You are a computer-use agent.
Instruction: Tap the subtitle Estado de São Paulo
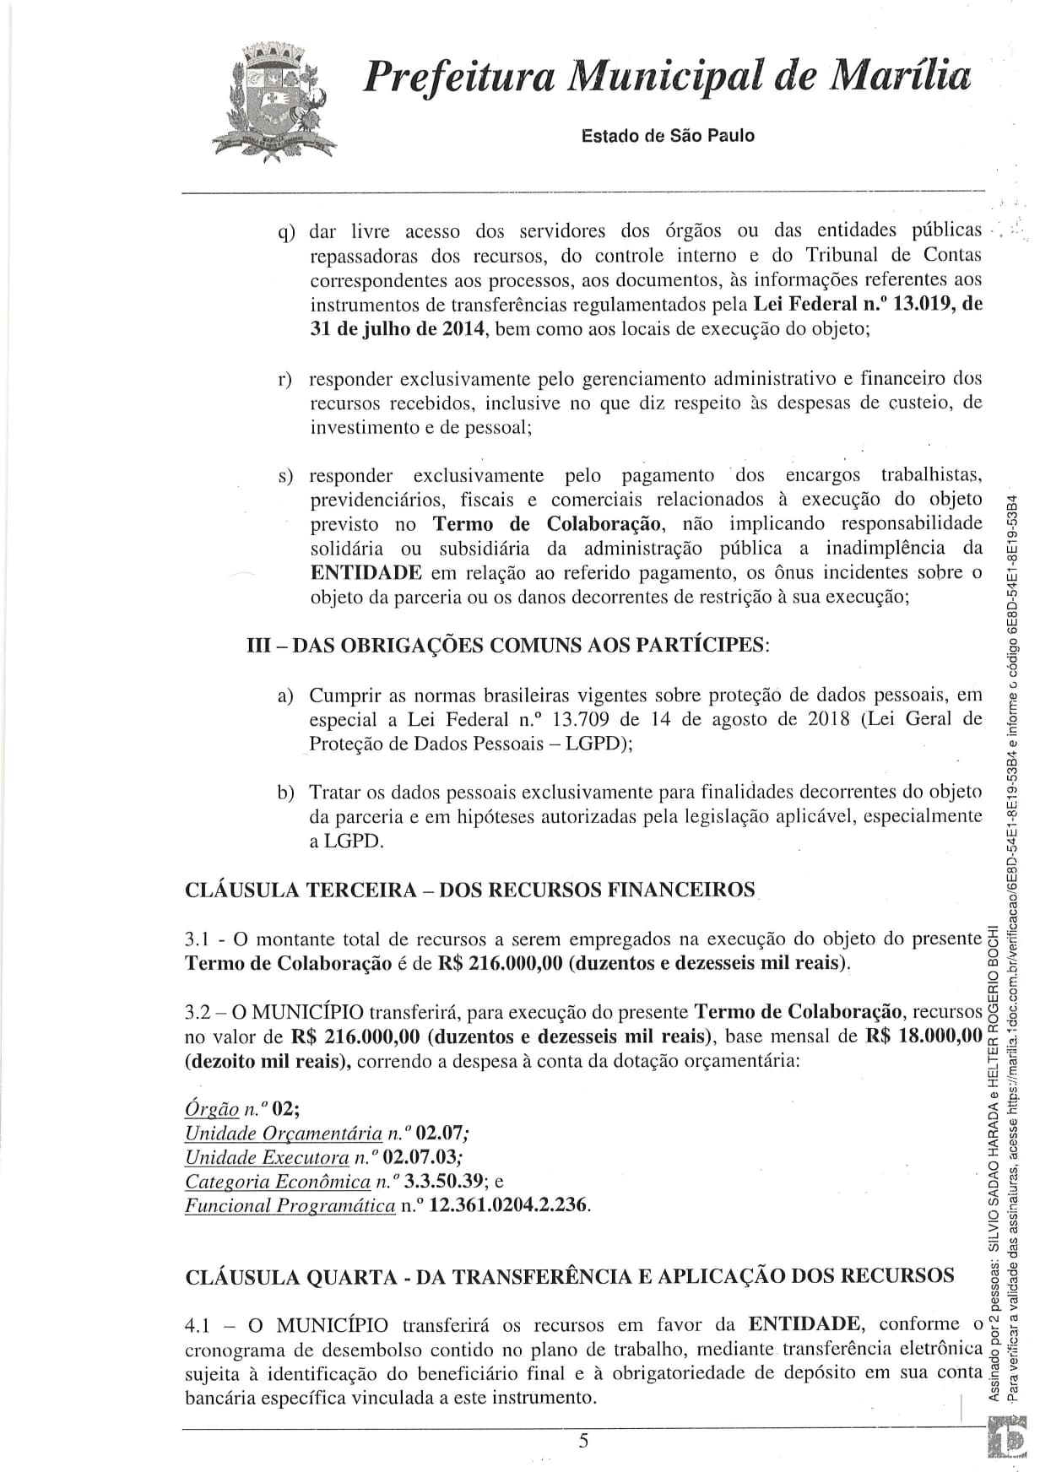click(668, 136)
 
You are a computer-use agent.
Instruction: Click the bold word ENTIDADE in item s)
click(366, 573)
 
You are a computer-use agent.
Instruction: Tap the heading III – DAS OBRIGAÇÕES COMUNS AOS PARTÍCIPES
click(507, 646)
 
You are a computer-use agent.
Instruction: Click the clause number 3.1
click(200, 939)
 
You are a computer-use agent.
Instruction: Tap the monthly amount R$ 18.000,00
click(924, 1036)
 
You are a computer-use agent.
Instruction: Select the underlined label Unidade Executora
click(267, 1156)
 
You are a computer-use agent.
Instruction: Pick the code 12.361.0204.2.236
click(508, 1205)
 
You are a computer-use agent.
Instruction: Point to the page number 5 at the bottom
click(583, 1441)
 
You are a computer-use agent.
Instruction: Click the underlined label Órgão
click(211, 1108)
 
